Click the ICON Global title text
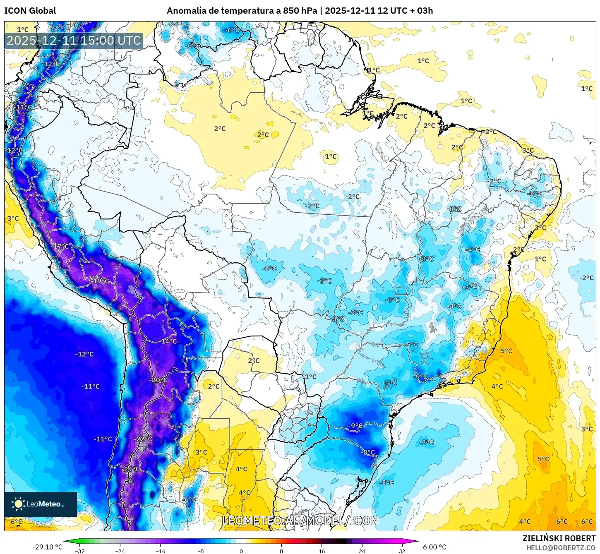(x=30, y=11)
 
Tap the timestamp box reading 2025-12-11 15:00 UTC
(x=74, y=41)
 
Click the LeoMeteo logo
(x=40, y=504)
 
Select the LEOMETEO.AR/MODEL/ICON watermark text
(x=300, y=520)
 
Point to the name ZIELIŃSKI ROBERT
(x=559, y=538)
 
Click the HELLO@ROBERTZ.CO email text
(x=561, y=548)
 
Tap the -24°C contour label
(x=132, y=469)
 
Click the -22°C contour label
(x=144, y=439)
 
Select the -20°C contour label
(x=159, y=380)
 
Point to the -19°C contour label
(x=100, y=281)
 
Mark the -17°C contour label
(x=61, y=247)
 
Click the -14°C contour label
(x=168, y=341)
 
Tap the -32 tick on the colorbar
(x=80, y=551)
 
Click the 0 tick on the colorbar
(x=241, y=551)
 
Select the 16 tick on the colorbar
(x=322, y=551)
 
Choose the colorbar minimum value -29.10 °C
(x=47, y=547)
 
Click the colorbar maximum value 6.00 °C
(x=434, y=547)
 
